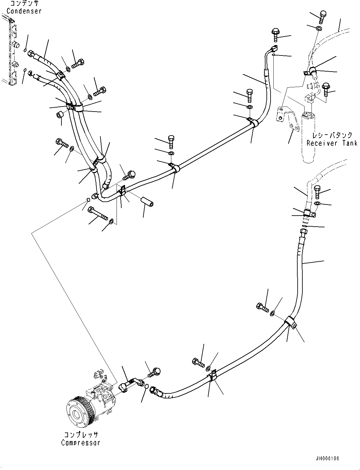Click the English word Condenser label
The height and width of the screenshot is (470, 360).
24,11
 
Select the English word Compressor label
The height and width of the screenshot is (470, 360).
81,442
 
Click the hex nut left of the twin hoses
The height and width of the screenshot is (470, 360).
60,114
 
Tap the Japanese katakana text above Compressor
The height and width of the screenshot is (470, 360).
81,435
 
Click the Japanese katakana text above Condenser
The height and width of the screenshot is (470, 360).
25,4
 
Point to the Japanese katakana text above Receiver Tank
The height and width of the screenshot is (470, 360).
332,136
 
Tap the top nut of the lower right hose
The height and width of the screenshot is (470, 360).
304,232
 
